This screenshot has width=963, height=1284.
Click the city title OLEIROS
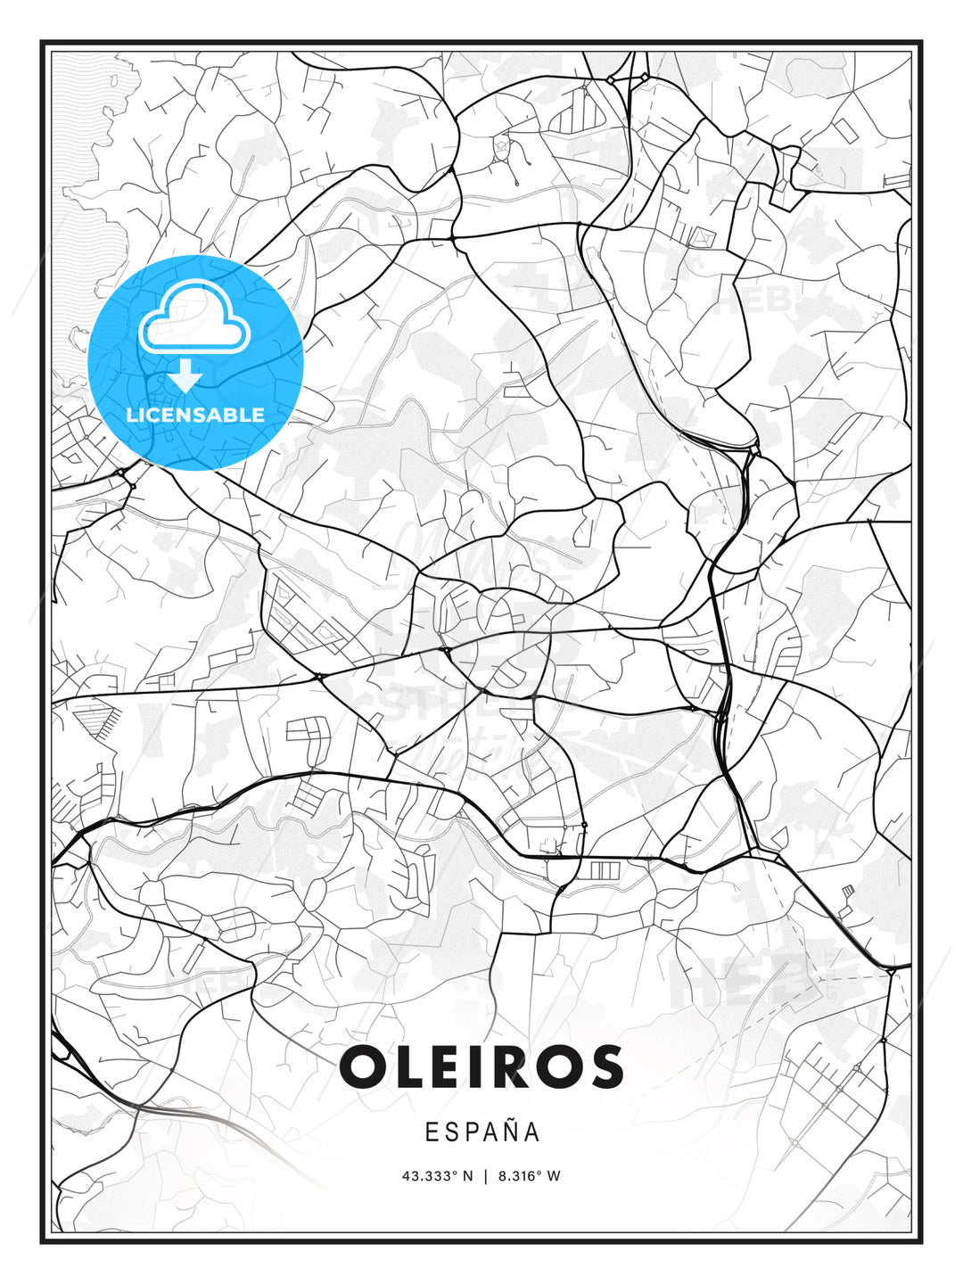(481, 1067)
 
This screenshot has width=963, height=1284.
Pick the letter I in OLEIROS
(481, 1067)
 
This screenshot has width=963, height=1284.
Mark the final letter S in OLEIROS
(606, 1067)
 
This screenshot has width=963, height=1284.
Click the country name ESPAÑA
(481, 1132)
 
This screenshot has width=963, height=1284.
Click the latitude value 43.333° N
(438, 1176)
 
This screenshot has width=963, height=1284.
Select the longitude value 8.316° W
(529, 1176)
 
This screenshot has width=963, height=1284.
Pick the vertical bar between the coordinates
(485, 1176)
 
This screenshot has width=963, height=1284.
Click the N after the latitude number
(469, 1176)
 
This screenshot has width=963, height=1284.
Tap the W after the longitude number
(554, 1176)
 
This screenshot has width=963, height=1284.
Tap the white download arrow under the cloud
(185, 376)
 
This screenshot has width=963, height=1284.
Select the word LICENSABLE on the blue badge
(195, 415)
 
